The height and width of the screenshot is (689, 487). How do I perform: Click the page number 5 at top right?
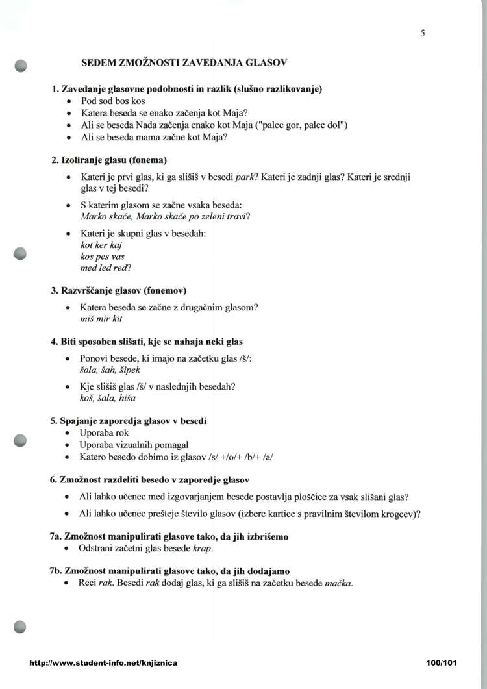(423, 33)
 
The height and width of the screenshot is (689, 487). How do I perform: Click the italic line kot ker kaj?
(101, 245)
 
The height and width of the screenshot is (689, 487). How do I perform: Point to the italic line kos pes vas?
(102, 256)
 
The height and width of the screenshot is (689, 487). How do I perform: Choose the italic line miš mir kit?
(101, 318)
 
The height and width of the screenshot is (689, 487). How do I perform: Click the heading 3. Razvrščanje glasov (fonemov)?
(123, 290)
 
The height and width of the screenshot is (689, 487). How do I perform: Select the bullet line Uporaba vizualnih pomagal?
(134, 444)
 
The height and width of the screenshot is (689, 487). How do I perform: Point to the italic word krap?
(203, 548)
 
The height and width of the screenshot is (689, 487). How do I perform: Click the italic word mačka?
(338, 583)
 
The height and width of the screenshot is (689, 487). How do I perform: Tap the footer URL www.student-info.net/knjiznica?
(103, 663)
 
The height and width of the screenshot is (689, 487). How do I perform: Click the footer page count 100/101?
(442, 663)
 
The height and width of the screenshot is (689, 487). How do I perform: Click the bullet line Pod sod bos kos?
(113, 101)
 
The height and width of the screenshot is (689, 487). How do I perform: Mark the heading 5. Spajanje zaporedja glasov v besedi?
(129, 421)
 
